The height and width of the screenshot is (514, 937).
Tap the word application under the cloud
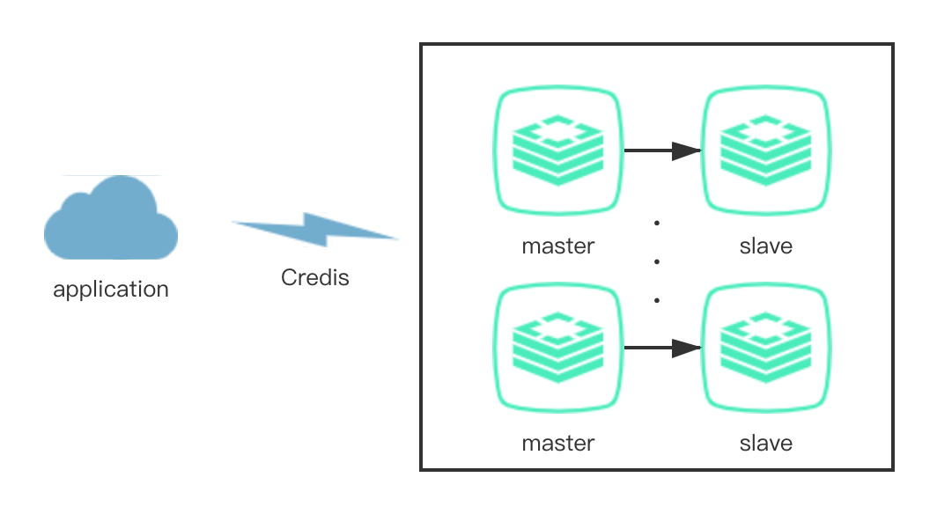(111, 290)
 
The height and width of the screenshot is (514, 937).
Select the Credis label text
(315, 278)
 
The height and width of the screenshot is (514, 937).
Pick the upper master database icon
(558, 151)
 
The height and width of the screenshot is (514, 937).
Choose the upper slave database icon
(765, 151)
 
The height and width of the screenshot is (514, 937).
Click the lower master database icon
(558, 348)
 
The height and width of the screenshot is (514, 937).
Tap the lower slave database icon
(765, 348)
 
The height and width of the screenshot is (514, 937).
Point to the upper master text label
(558, 246)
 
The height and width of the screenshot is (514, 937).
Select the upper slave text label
(765, 246)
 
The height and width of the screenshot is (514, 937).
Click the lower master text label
(558, 444)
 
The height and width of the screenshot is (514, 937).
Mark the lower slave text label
(765, 444)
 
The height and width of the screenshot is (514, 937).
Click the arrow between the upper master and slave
(656, 151)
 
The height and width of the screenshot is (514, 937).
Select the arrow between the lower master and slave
(656, 348)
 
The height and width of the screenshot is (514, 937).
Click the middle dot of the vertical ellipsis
(657, 261)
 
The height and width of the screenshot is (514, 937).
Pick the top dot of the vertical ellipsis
(657, 223)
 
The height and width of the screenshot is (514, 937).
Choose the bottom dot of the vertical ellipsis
(657, 300)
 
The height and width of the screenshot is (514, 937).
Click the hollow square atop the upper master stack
(558, 130)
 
